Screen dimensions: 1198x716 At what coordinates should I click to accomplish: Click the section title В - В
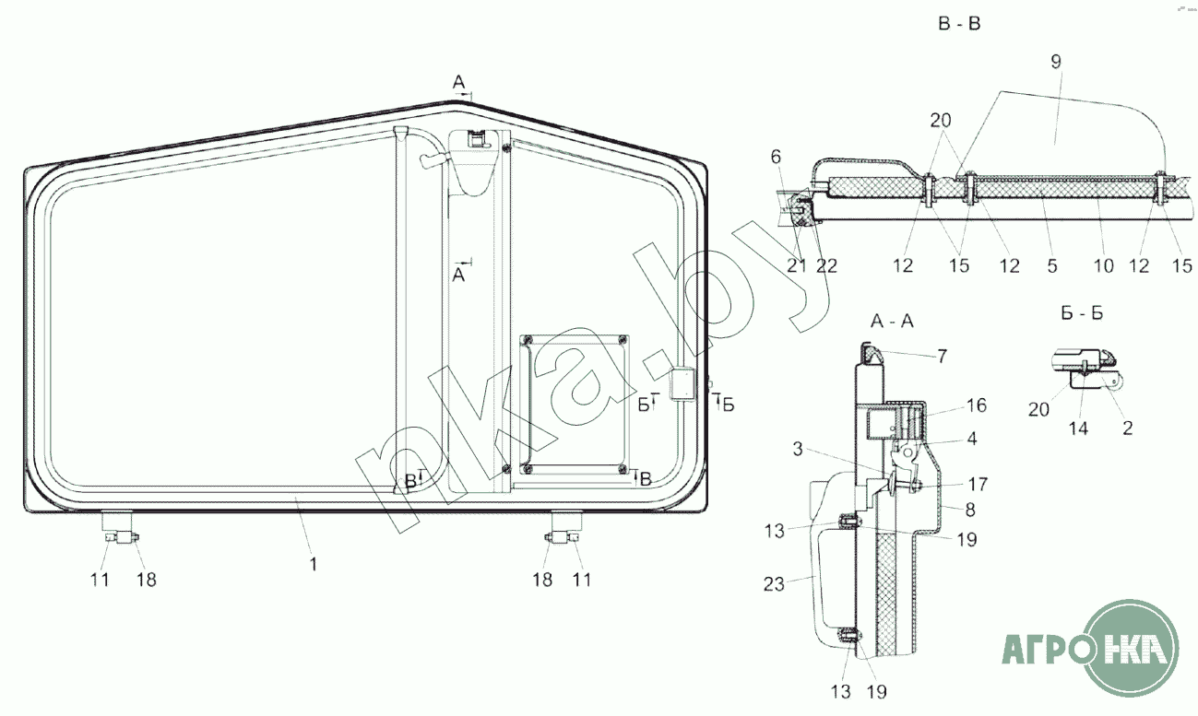pyautogui.click(x=959, y=24)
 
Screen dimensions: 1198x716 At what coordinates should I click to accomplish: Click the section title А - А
pyautogui.click(x=892, y=321)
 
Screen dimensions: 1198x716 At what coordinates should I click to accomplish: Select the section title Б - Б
pyautogui.click(x=1082, y=313)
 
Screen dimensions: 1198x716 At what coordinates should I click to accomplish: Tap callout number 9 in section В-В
pyautogui.click(x=1056, y=62)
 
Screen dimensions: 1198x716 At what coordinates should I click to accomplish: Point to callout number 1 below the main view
pyautogui.click(x=314, y=564)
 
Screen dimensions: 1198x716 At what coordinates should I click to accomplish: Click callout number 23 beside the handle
pyautogui.click(x=774, y=584)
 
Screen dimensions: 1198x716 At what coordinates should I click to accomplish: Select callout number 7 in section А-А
pyautogui.click(x=942, y=356)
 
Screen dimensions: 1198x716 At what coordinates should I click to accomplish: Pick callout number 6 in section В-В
pyautogui.click(x=776, y=157)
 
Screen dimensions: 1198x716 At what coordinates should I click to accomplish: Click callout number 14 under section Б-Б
pyautogui.click(x=1078, y=428)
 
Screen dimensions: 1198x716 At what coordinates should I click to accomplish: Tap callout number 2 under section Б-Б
pyautogui.click(x=1127, y=428)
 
